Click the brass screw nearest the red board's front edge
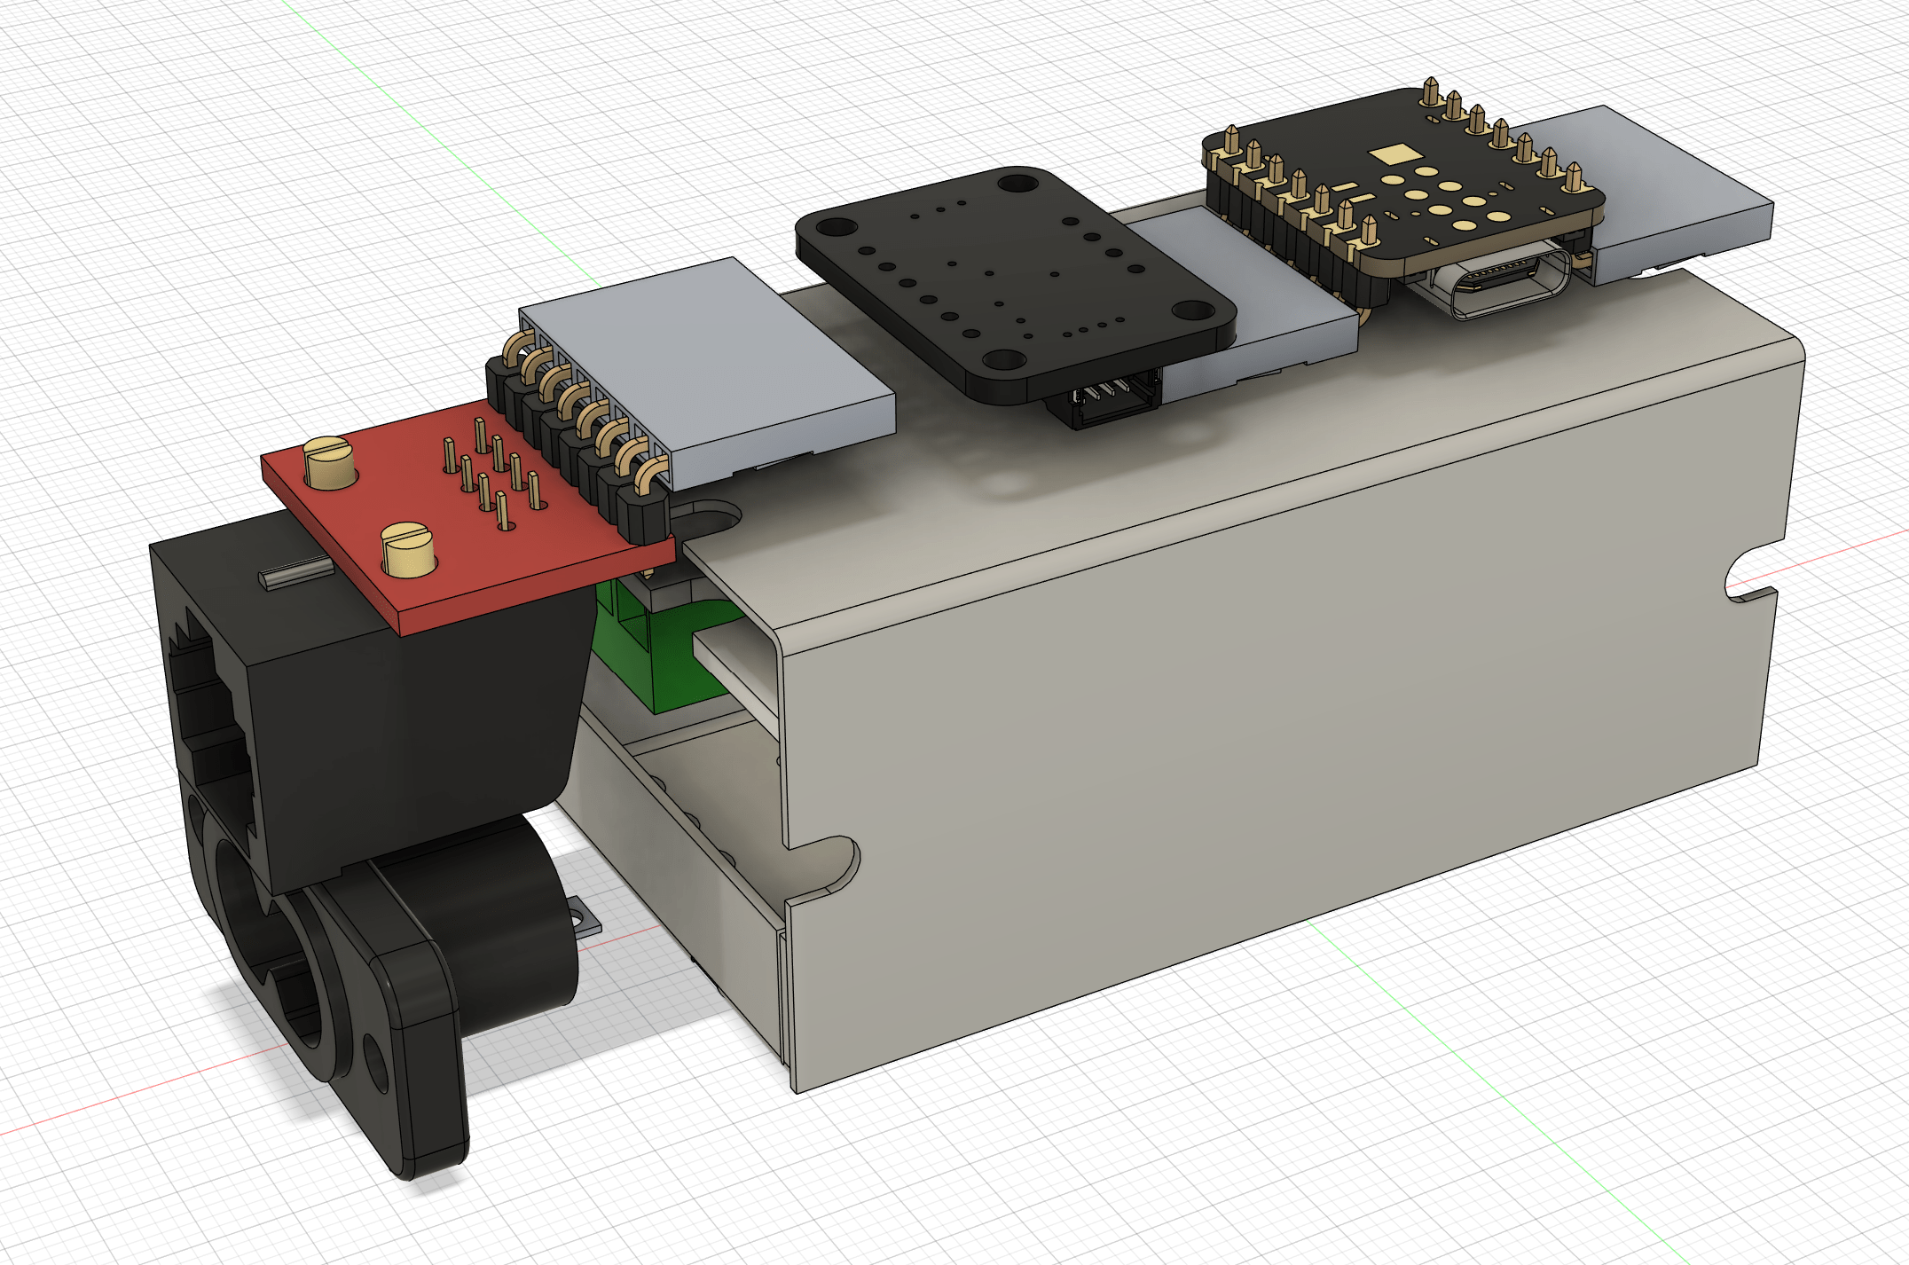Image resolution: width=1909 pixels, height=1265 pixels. click(408, 551)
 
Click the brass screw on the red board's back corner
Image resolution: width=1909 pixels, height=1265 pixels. click(329, 461)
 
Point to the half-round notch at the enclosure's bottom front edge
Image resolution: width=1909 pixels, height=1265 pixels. click(825, 865)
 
